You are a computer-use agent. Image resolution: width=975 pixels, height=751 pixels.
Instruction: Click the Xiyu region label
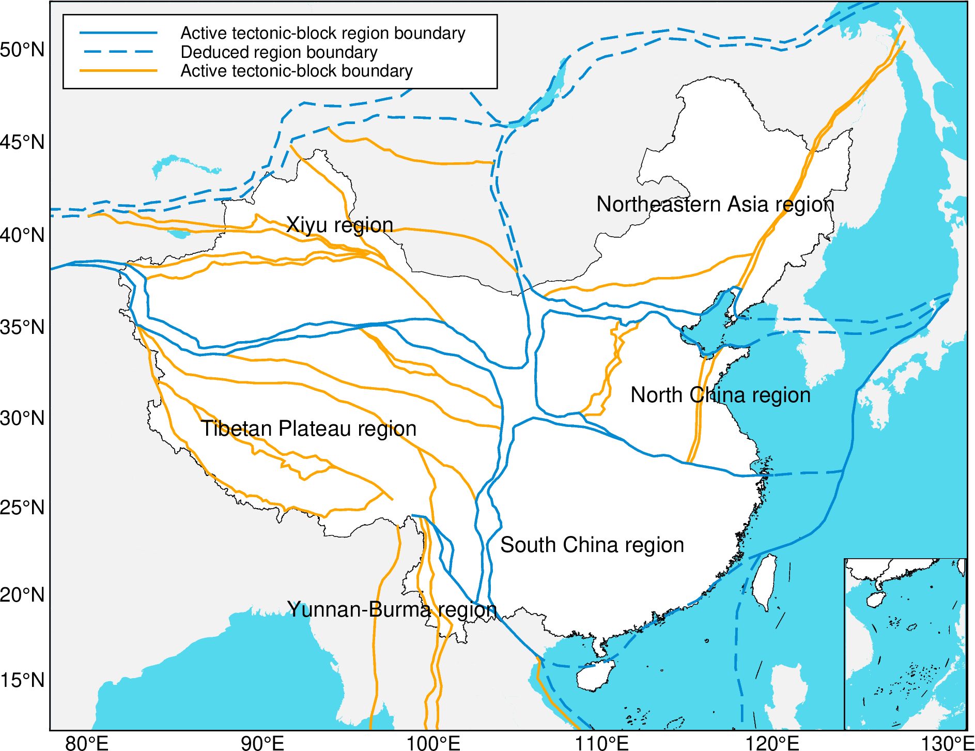click(339, 225)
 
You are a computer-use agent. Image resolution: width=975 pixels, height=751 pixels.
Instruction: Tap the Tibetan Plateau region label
click(308, 429)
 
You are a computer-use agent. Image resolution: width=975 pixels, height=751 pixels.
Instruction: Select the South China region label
click(592, 545)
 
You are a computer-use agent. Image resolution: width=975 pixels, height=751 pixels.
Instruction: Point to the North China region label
click(720, 395)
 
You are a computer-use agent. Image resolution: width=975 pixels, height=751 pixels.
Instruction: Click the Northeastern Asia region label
click(715, 205)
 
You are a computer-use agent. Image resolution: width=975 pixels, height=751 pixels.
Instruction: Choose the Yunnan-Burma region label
click(392, 610)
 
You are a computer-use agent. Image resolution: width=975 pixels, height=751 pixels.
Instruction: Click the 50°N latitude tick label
click(23, 50)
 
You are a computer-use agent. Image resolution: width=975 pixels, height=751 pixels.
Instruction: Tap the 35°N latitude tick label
click(23, 327)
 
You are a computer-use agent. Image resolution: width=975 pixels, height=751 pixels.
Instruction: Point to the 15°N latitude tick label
click(23, 680)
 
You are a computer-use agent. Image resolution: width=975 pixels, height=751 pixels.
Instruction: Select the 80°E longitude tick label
click(87, 743)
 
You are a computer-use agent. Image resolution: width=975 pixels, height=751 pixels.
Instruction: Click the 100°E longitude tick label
click(433, 743)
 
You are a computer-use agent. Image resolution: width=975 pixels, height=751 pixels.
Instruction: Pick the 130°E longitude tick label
click(948, 743)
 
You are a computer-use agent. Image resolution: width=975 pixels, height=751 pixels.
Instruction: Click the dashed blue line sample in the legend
click(118, 52)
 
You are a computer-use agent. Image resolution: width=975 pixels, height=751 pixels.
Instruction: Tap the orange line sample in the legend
click(118, 70)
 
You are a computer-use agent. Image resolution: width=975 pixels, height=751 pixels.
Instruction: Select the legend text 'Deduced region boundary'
click(279, 52)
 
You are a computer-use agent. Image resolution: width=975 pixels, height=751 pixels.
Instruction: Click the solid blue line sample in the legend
click(118, 33)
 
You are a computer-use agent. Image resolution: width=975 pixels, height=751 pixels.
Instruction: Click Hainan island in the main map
click(594, 676)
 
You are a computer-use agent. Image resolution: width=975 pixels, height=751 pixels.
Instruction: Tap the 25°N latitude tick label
click(23, 508)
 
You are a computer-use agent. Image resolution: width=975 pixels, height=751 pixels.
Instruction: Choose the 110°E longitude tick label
click(602, 743)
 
